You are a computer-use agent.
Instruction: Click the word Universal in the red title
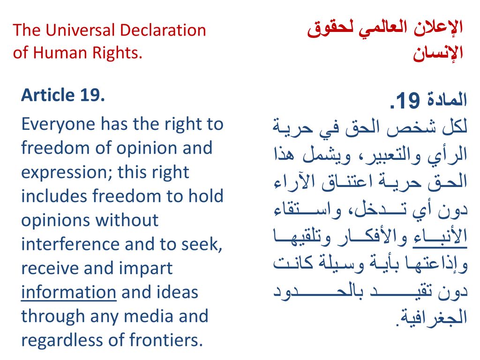click(80, 30)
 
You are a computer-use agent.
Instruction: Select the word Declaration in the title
click(163, 30)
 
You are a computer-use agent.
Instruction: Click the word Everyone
click(58, 125)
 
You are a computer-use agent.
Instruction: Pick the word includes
click(54, 196)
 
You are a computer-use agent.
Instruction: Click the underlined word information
click(68, 292)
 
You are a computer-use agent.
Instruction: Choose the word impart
click(146, 269)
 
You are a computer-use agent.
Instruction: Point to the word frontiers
click(166, 340)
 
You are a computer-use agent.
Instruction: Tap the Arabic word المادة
click(447, 100)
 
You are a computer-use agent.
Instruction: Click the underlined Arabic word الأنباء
click(440, 237)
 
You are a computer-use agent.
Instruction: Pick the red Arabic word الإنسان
click(438, 53)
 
